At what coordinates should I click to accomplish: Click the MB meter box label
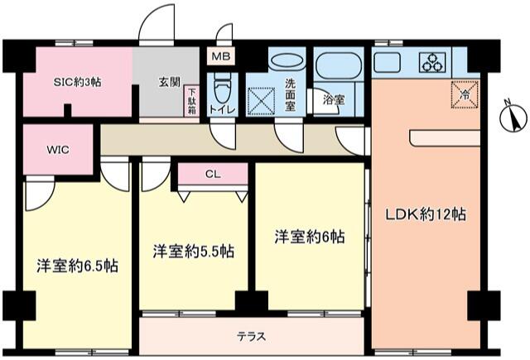coord(221,56)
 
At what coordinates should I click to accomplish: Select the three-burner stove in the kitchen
coord(432,62)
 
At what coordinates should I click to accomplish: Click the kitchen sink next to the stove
coord(387,62)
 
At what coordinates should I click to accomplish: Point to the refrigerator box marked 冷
coord(465,94)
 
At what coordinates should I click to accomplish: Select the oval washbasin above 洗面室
coord(287,61)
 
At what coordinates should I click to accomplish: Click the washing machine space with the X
coord(262,101)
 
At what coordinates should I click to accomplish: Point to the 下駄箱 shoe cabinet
coord(191,101)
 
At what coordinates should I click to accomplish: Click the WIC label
coord(58,150)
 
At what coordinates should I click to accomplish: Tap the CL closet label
coord(213,174)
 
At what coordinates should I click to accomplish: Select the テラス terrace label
coord(251,336)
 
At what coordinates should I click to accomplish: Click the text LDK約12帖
coord(426,214)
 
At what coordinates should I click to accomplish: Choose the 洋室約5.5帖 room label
coord(194,252)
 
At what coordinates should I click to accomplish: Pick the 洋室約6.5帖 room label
coord(78,266)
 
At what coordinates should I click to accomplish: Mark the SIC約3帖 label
coord(77,82)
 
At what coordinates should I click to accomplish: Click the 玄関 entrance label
coord(170,82)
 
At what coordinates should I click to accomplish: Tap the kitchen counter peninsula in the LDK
coord(445,138)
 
